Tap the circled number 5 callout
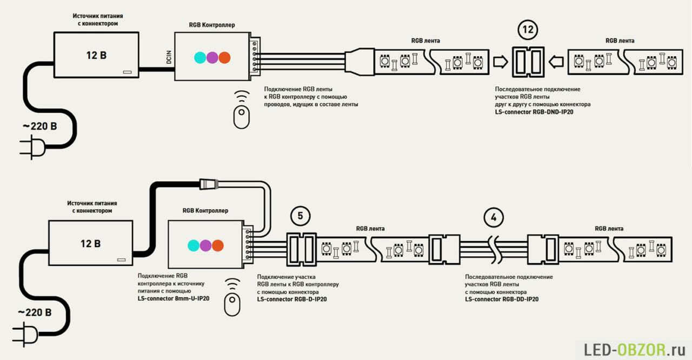[300, 217]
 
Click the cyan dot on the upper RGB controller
[200, 57]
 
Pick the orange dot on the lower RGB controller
[217, 245]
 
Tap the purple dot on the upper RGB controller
[212, 57]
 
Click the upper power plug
[32, 148]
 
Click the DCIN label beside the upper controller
[169, 58]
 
